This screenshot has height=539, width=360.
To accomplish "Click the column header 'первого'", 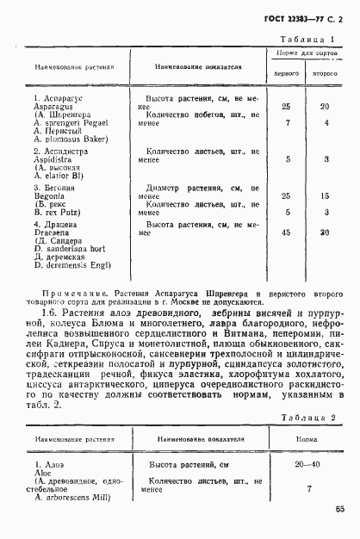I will coord(286,75).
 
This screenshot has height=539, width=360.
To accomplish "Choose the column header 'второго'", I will coord(324,75).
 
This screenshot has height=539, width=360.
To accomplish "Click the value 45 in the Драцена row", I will coord(286,232).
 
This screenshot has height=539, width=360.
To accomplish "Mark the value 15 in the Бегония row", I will coord(325,195).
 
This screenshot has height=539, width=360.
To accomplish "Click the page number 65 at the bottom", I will coord(340,509).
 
